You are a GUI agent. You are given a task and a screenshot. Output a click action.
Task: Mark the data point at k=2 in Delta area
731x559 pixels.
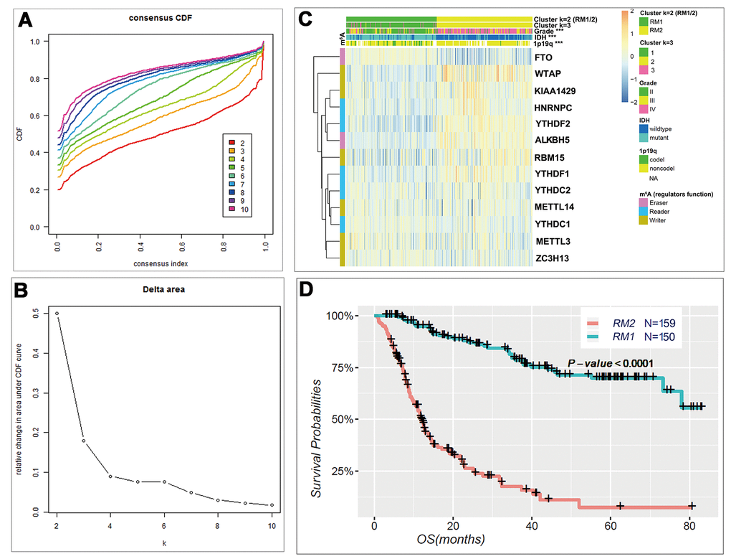pos(57,314)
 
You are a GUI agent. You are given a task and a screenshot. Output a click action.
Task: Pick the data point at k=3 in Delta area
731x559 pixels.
pos(83,441)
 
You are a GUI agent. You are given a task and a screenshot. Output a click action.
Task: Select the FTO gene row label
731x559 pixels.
pos(543,55)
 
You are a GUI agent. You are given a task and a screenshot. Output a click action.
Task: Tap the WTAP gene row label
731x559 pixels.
pos(548,73)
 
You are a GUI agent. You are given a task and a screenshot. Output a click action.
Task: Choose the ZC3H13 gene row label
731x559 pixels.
pos(553,256)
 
